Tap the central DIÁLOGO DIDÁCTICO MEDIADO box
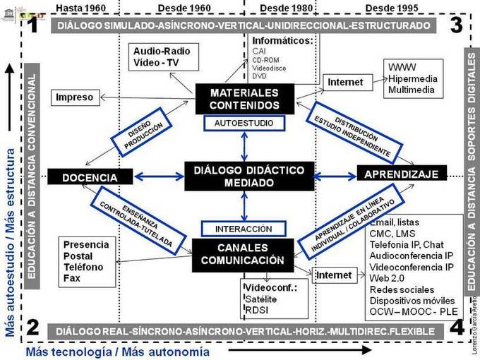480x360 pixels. (248, 176)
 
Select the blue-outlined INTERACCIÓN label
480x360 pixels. (242, 229)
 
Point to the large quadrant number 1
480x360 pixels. (33, 26)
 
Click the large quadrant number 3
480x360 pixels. (455, 25)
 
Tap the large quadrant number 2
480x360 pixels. (33, 326)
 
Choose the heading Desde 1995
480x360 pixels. (392, 7)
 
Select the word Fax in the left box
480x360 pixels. (73, 278)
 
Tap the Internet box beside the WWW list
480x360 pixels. (346, 83)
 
